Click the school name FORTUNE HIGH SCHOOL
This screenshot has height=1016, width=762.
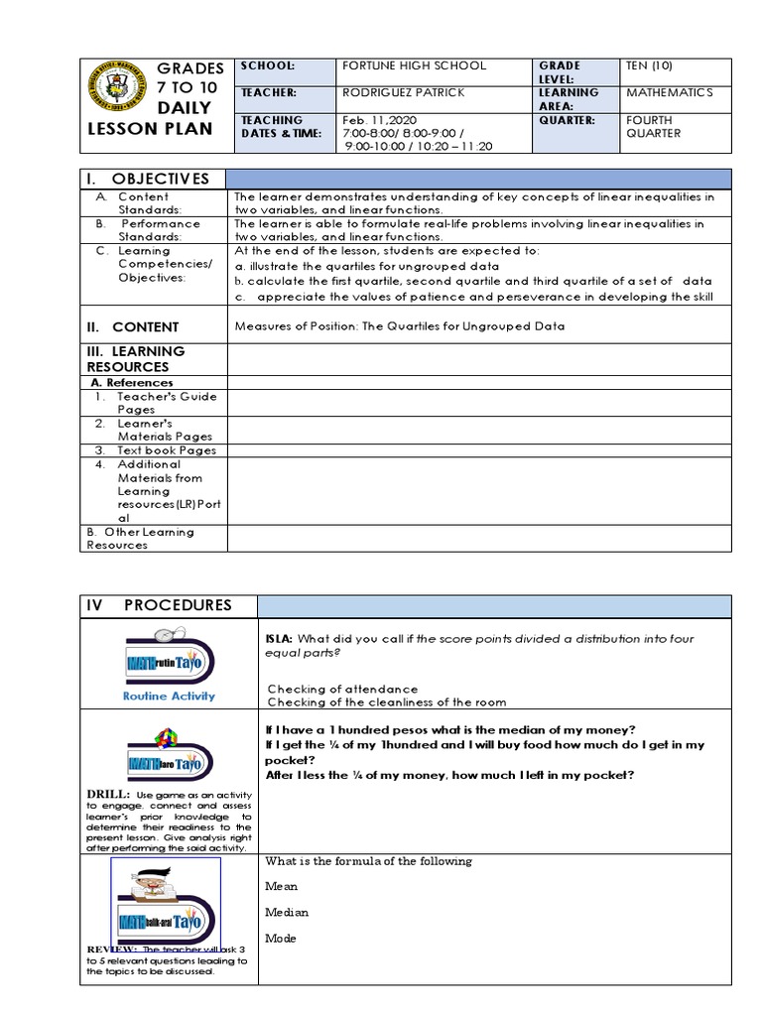click(x=413, y=65)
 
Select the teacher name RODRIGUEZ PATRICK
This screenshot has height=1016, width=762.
click(x=402, y=92)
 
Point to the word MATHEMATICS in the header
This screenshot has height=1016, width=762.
click(x=670, y=92)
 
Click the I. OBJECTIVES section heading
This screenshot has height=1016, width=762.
click(x=148, y=179)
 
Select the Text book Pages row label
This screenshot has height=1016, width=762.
click(x=167, y=449)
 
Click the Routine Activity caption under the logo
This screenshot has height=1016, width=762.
click(x=168, y=696)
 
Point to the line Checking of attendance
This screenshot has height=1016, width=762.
click(x=342, y=689)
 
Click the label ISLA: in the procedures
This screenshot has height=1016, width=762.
click(x=278, y=639)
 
